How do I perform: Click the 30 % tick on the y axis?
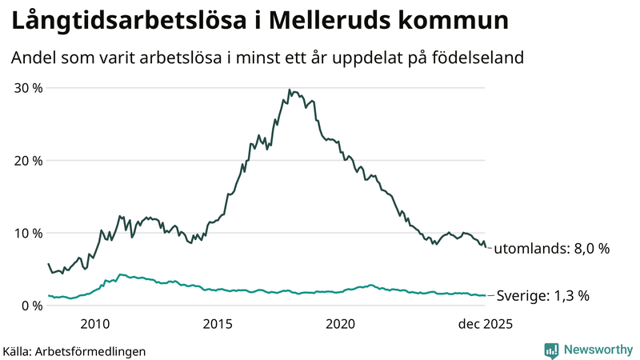(x=26, y=87)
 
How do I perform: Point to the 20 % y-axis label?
(x=26, y=160)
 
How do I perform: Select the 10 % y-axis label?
(x=26, y=233)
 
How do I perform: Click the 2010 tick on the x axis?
(x=94, y=324)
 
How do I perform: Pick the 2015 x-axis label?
(x=218, y=324)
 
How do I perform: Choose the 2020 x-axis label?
(x=341, y=324)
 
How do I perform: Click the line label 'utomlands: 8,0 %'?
(x=551, y=249)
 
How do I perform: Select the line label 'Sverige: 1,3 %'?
(x=543, y=296)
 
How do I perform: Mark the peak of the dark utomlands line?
(x=289, y=90)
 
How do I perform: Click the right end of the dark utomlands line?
(x=486, y=247)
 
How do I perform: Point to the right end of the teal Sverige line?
(x=486, y=296)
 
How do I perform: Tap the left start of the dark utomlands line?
(x=48, y=263)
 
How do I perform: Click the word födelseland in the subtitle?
(x=482, y=58)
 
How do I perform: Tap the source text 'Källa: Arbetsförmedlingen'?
(x=74, y=351)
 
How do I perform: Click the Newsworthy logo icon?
(x=551, y=350)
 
